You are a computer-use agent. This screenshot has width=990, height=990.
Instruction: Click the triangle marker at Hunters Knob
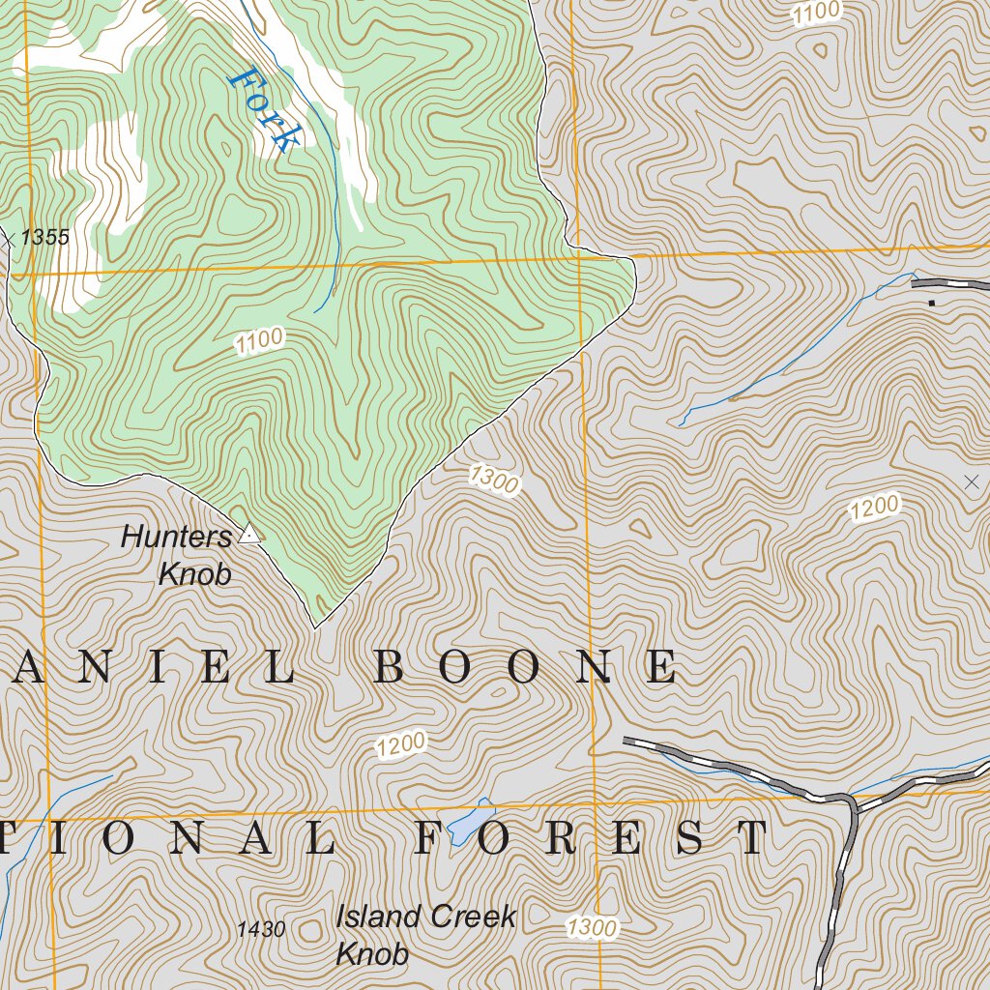pos(250,533)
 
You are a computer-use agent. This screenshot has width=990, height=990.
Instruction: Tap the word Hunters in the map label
pos(177,537)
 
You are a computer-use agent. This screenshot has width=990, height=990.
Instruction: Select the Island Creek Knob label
pos(425,935)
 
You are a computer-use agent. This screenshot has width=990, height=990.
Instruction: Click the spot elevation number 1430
pos(261,930)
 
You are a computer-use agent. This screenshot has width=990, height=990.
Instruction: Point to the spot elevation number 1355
pos(44,237)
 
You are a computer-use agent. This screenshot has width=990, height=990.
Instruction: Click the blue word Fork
pos(262,108)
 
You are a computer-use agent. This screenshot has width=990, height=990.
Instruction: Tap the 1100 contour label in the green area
pos(260,340)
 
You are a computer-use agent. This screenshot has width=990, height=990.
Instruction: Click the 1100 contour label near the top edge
pos(817,13)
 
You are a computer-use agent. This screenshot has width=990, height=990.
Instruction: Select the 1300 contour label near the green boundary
pos(494,479)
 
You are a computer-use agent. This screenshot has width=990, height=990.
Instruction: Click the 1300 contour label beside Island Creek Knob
pos(592,928)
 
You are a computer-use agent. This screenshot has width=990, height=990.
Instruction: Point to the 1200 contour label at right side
pos(874,508)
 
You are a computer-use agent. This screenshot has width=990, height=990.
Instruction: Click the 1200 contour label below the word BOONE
pos(401,744)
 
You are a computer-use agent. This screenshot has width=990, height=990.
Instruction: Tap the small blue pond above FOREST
pos(470,821)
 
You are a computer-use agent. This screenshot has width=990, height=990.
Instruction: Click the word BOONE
pos(525,668)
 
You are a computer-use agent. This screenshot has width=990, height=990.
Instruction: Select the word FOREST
pos(592,838)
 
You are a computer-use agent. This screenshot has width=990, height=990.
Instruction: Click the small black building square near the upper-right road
pos(932,304)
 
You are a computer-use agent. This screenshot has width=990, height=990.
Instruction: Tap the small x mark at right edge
pos(972,480)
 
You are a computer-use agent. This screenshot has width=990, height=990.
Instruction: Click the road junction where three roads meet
pos(849,800)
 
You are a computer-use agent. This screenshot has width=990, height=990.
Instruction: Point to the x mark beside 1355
pos(8,238)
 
